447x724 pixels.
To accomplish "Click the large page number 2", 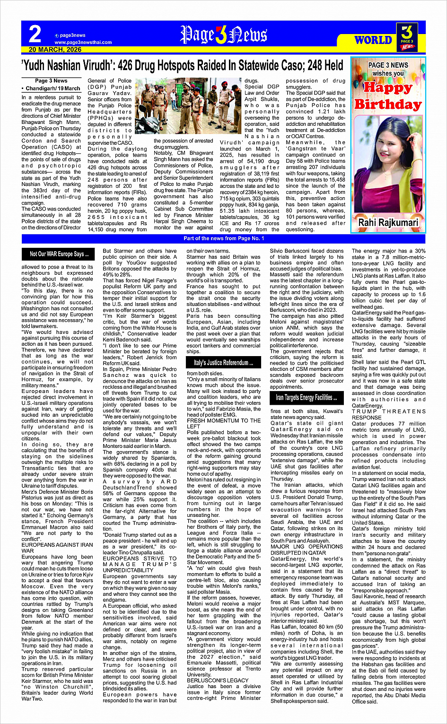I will click(35, 35).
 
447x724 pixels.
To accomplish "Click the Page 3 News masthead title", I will click(224, 35).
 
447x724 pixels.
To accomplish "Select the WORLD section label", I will click(373, 40).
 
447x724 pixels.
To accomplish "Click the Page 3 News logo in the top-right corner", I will click(407, 37).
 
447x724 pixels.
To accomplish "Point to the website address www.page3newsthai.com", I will click(83, 42).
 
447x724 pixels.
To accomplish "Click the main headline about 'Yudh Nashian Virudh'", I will click(182, 65).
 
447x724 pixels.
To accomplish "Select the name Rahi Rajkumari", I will click(388, 222).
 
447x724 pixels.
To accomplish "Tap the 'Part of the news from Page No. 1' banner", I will click(224, 238).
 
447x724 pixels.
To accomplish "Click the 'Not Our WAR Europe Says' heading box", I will click(59, 254).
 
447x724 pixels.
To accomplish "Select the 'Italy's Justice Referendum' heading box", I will click(223, 363).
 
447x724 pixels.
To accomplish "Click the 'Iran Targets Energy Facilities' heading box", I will click(307, 397).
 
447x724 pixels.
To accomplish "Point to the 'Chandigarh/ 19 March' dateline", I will click(51, 88).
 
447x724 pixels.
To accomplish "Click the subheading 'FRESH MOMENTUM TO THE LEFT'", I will click(223, 423).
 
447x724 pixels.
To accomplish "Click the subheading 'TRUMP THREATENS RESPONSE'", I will click(388, 415).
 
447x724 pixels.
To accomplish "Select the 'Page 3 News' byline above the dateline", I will click(51, 81).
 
